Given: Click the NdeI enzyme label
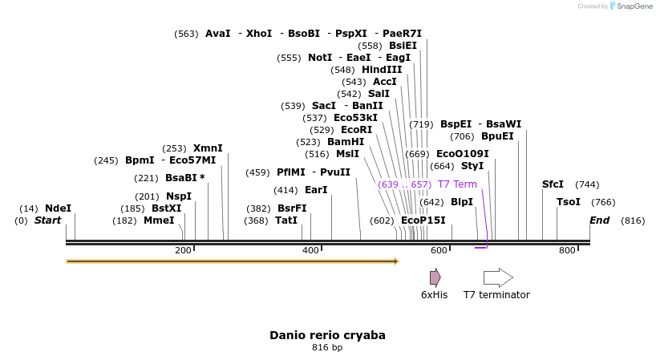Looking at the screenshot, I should click(58, 208).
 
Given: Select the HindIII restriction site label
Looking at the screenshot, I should click(382, 70).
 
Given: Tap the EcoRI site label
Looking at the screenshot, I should click(357, 130).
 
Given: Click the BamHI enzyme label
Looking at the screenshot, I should click(346, 142).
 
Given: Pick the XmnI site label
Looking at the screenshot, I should click(208, 148).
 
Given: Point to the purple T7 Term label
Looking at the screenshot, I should click(457, 184).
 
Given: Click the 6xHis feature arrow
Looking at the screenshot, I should click(435, 277).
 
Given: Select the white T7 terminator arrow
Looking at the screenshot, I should click(498, 277).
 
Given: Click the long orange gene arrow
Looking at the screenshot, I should click(233, 261).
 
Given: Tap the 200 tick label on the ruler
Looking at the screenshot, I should click(183, 251).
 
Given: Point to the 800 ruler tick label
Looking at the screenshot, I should click(567, 251).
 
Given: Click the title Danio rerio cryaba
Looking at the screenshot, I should click(327, 335).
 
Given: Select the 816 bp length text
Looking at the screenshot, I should click(327, 348).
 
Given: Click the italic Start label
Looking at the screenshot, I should click(47, 220).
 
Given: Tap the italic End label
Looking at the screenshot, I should click(599, 220).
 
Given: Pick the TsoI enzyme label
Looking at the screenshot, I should click(569, 202).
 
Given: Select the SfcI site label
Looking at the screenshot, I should click(553, 184).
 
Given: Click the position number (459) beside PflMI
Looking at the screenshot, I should click(257, 172).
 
